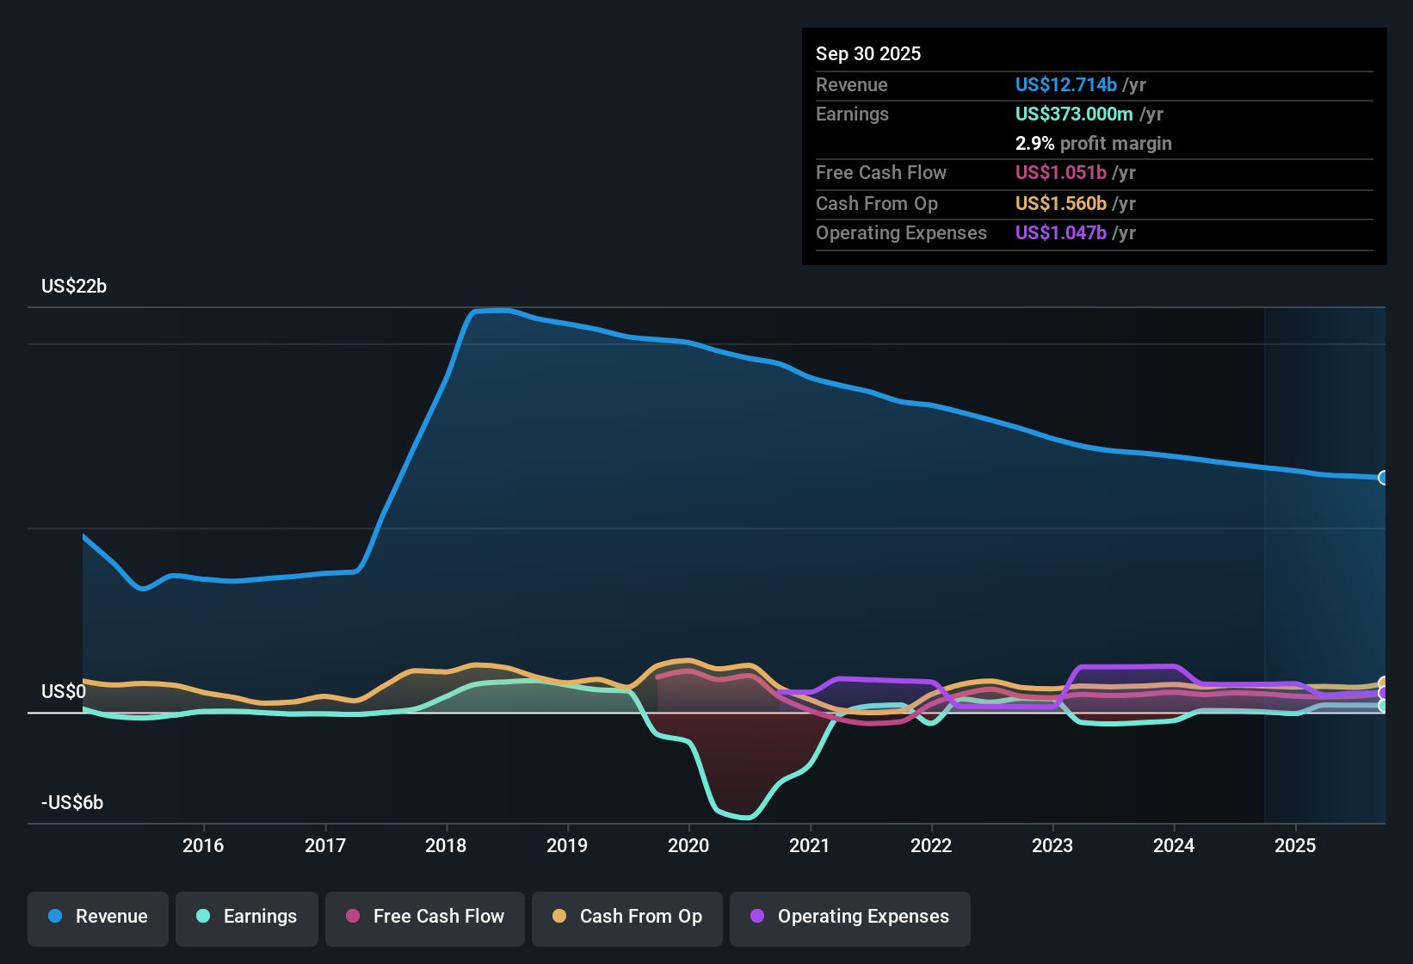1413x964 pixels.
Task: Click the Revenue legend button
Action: click(98, 917)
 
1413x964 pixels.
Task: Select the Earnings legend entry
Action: click(247, 917)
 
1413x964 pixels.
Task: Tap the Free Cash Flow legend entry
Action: click(425, 917)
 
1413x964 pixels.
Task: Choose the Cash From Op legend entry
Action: click(627, 917)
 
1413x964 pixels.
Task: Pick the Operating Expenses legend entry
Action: click(850, 917)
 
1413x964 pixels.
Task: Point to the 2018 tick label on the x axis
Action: click(446, 846)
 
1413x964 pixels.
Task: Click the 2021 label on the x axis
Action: click(810, 846)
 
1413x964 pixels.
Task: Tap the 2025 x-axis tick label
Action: click(1295, 846)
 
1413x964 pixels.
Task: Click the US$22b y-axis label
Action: click(74, 287)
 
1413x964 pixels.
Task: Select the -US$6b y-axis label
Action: click(72, 803)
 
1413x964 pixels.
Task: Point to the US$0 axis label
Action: click(64, 692)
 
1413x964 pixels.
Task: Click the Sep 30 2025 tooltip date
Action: click(868, 54)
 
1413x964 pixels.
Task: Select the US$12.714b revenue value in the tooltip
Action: click(1065, 85)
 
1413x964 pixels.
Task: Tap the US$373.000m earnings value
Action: click(1073, 114)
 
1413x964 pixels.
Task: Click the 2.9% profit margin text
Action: click(1093, 144)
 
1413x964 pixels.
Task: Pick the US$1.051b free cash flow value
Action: click(1060, 173)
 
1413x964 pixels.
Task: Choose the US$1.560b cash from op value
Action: click(1060, 204)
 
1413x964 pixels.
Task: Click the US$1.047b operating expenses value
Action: click(1060, 233)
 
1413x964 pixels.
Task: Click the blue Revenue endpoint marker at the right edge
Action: click(1383, 478)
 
